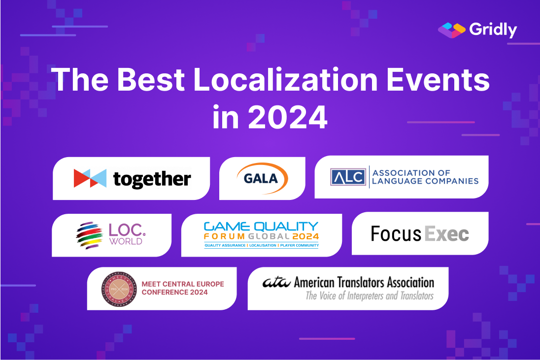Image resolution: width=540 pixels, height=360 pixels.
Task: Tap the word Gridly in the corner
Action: pos(493,30)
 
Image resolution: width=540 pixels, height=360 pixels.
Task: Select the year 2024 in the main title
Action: pos(287,118)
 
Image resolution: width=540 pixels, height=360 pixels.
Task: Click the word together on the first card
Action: pos(152,179)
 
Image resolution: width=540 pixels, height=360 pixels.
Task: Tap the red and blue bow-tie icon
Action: pos(90,178)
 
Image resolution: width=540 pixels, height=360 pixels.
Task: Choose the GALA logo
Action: pos(262,178)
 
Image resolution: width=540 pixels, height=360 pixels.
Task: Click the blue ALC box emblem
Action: pos(348,177)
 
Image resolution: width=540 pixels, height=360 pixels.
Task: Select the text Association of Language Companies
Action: pos(425,177)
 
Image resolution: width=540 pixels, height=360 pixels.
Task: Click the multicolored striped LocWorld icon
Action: pos(89,235)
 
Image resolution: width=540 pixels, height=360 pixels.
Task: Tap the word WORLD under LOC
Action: pos(126,241)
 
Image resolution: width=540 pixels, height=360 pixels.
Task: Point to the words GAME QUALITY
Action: pos(261,227)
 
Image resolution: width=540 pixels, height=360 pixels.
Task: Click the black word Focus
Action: pos(395,234)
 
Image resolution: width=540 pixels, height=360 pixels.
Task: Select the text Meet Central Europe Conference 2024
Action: pos(182,288)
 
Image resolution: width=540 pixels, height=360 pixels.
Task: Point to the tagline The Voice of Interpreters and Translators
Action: pos(370,296)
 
